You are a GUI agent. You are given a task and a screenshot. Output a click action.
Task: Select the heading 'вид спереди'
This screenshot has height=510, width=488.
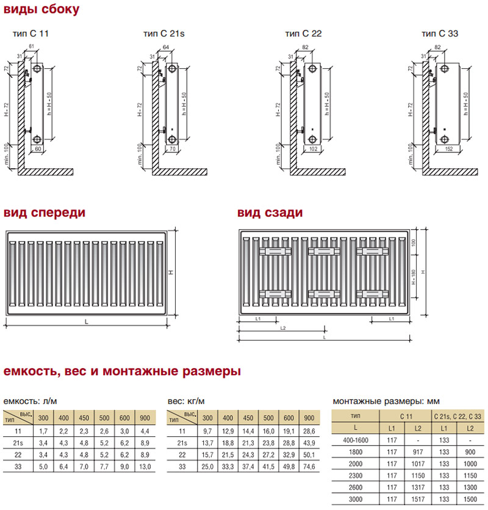tap(45, 213)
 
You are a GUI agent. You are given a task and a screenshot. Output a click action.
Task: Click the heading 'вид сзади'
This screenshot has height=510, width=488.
tap(270, 213)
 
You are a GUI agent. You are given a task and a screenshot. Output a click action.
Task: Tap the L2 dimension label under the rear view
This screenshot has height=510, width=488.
tap(282, 328)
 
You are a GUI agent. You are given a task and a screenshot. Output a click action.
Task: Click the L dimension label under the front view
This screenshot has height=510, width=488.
tap(87, 322)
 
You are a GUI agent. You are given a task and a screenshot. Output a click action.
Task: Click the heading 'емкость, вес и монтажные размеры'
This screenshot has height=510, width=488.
tap(122, 371)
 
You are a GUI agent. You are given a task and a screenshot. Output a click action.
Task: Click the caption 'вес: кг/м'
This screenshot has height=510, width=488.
tap(185, 401)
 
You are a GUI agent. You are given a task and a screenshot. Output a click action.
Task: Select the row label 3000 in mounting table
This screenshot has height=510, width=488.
tap(354, 499)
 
